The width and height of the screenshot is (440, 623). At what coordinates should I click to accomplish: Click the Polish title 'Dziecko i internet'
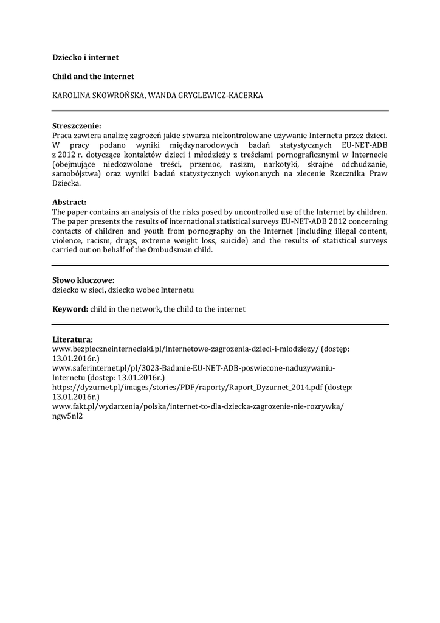85,57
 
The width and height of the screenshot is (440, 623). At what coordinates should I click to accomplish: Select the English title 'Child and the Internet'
93,77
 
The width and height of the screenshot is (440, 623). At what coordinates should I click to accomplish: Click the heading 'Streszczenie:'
77,125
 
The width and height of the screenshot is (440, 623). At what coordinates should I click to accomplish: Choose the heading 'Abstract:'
69,202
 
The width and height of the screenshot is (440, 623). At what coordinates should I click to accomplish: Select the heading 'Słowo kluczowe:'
83,280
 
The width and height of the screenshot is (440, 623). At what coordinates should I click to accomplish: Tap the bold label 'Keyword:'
70,309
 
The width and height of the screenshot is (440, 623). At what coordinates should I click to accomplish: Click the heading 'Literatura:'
72,339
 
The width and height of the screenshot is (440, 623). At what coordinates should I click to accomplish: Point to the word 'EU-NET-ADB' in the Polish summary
362,145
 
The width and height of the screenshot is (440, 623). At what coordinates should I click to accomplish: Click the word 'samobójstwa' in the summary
75,173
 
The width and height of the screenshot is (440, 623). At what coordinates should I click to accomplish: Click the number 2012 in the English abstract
324,221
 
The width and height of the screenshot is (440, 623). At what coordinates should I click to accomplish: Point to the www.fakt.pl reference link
198,406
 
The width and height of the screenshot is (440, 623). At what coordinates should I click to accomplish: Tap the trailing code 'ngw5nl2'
67,416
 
